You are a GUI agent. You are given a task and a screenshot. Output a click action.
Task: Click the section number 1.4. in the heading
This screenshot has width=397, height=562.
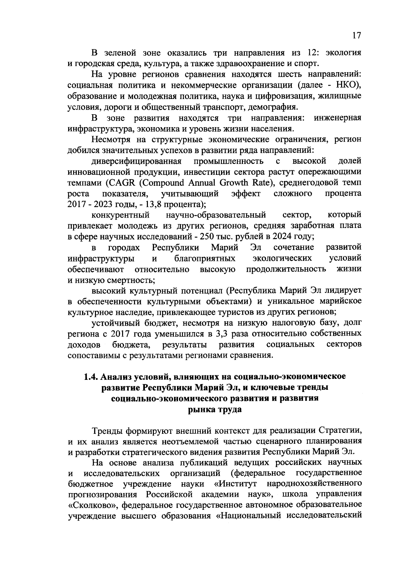(x=91, y=377)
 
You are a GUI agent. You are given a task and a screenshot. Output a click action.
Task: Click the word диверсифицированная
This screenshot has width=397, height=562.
(x=137, y=161)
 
